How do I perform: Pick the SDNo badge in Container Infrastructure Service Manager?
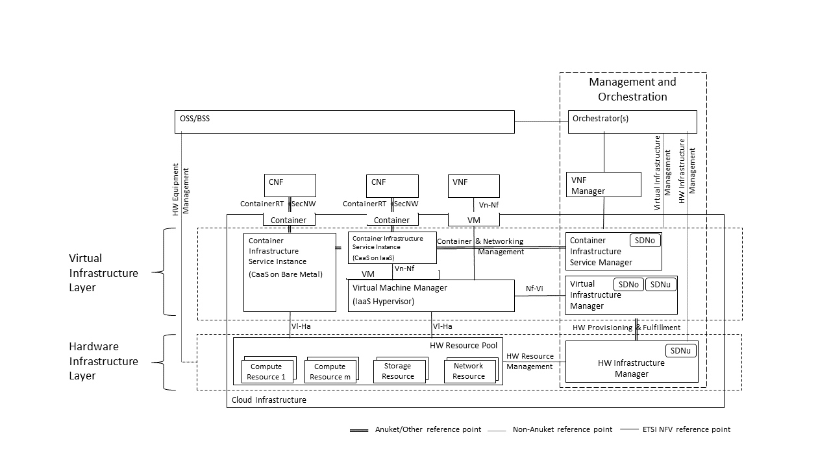(x=645, y=240)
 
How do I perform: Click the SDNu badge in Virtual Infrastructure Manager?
(x=660, y=284)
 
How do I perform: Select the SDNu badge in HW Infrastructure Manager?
(x=680, y=350)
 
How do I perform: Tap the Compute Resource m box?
(x=330, y=371)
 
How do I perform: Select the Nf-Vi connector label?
(x=534, y=289)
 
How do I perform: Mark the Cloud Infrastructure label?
(x=269, y=400)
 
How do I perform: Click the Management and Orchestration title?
(x=632, y=89)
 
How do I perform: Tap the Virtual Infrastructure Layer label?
(x=103, y=273)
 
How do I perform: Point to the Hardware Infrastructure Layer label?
(x=103, y=361)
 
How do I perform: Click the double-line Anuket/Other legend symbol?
(x=359, y=430)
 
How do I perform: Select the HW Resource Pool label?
(x=464, y=346)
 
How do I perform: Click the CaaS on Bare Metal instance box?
(x=290, y=272)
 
